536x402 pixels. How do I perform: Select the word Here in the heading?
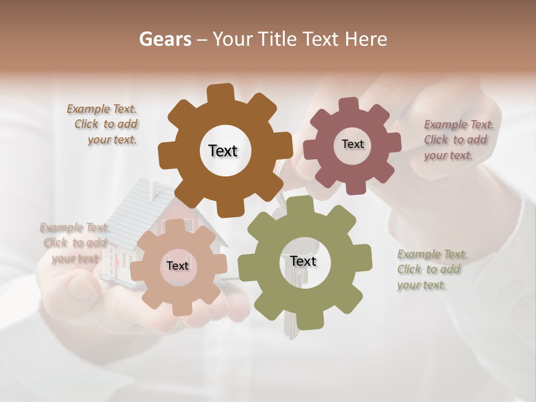point(366,39)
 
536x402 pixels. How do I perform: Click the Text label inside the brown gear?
point(223,151)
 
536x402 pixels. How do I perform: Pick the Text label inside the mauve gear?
point(352,144)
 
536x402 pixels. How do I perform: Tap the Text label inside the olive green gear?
point(303,261)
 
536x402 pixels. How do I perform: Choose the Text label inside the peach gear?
point(178,266)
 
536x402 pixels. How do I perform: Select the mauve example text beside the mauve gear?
point(458,140)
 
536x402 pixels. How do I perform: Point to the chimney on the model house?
point(153,190)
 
